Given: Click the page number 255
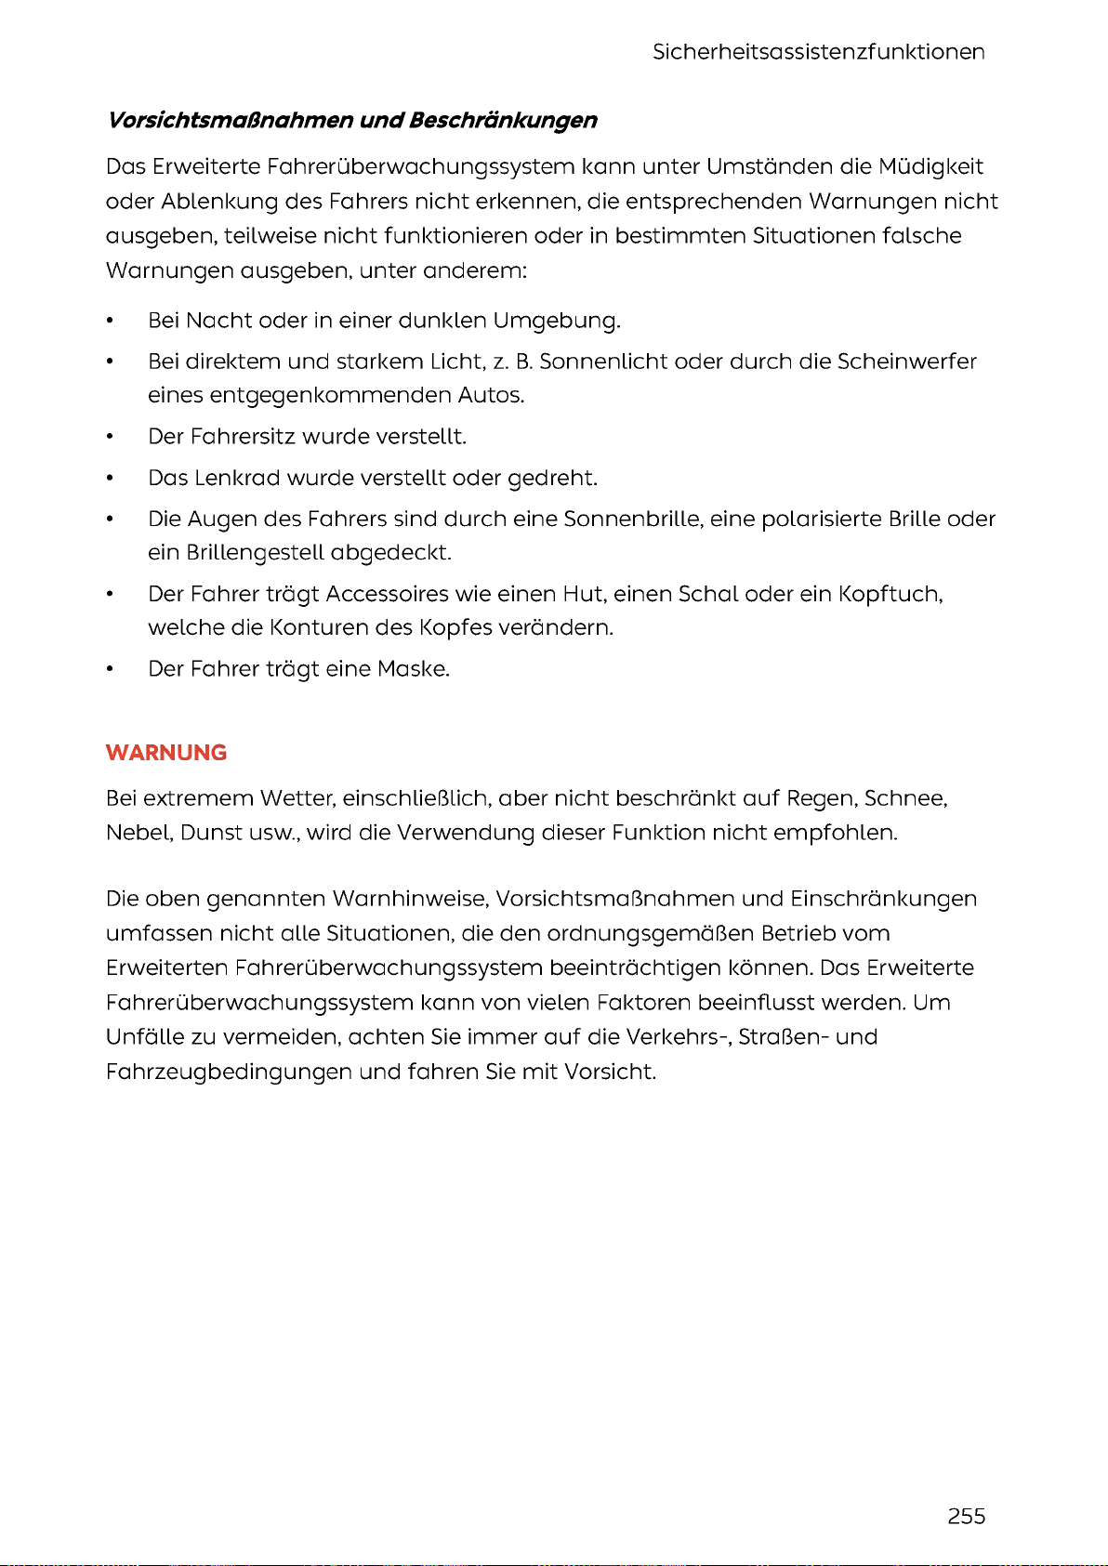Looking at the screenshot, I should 966,1516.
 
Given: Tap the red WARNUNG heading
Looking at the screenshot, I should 166,753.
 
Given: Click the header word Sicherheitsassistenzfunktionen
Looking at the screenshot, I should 818,52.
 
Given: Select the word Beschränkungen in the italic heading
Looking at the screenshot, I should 503,121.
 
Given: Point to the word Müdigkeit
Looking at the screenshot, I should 930,167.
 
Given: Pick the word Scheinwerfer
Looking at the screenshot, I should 906,362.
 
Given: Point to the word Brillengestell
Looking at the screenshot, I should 255,554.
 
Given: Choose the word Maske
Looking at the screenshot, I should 413,669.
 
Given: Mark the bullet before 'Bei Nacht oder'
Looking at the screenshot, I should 111,322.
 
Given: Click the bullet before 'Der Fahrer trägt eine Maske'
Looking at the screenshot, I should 111,670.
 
